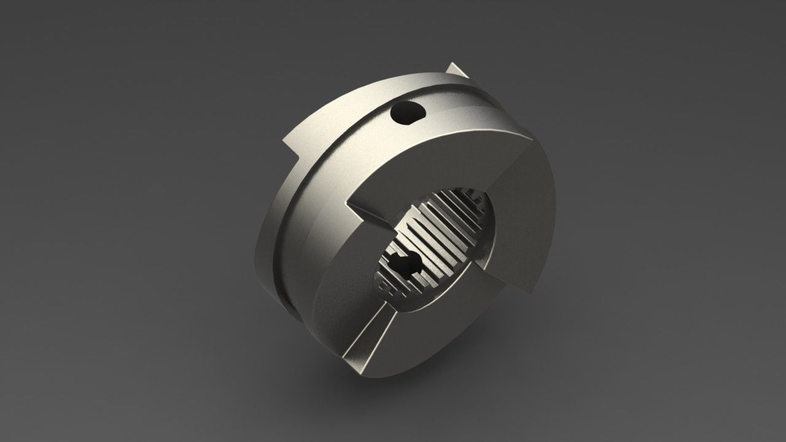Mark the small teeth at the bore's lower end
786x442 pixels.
[x=393, y=289]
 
